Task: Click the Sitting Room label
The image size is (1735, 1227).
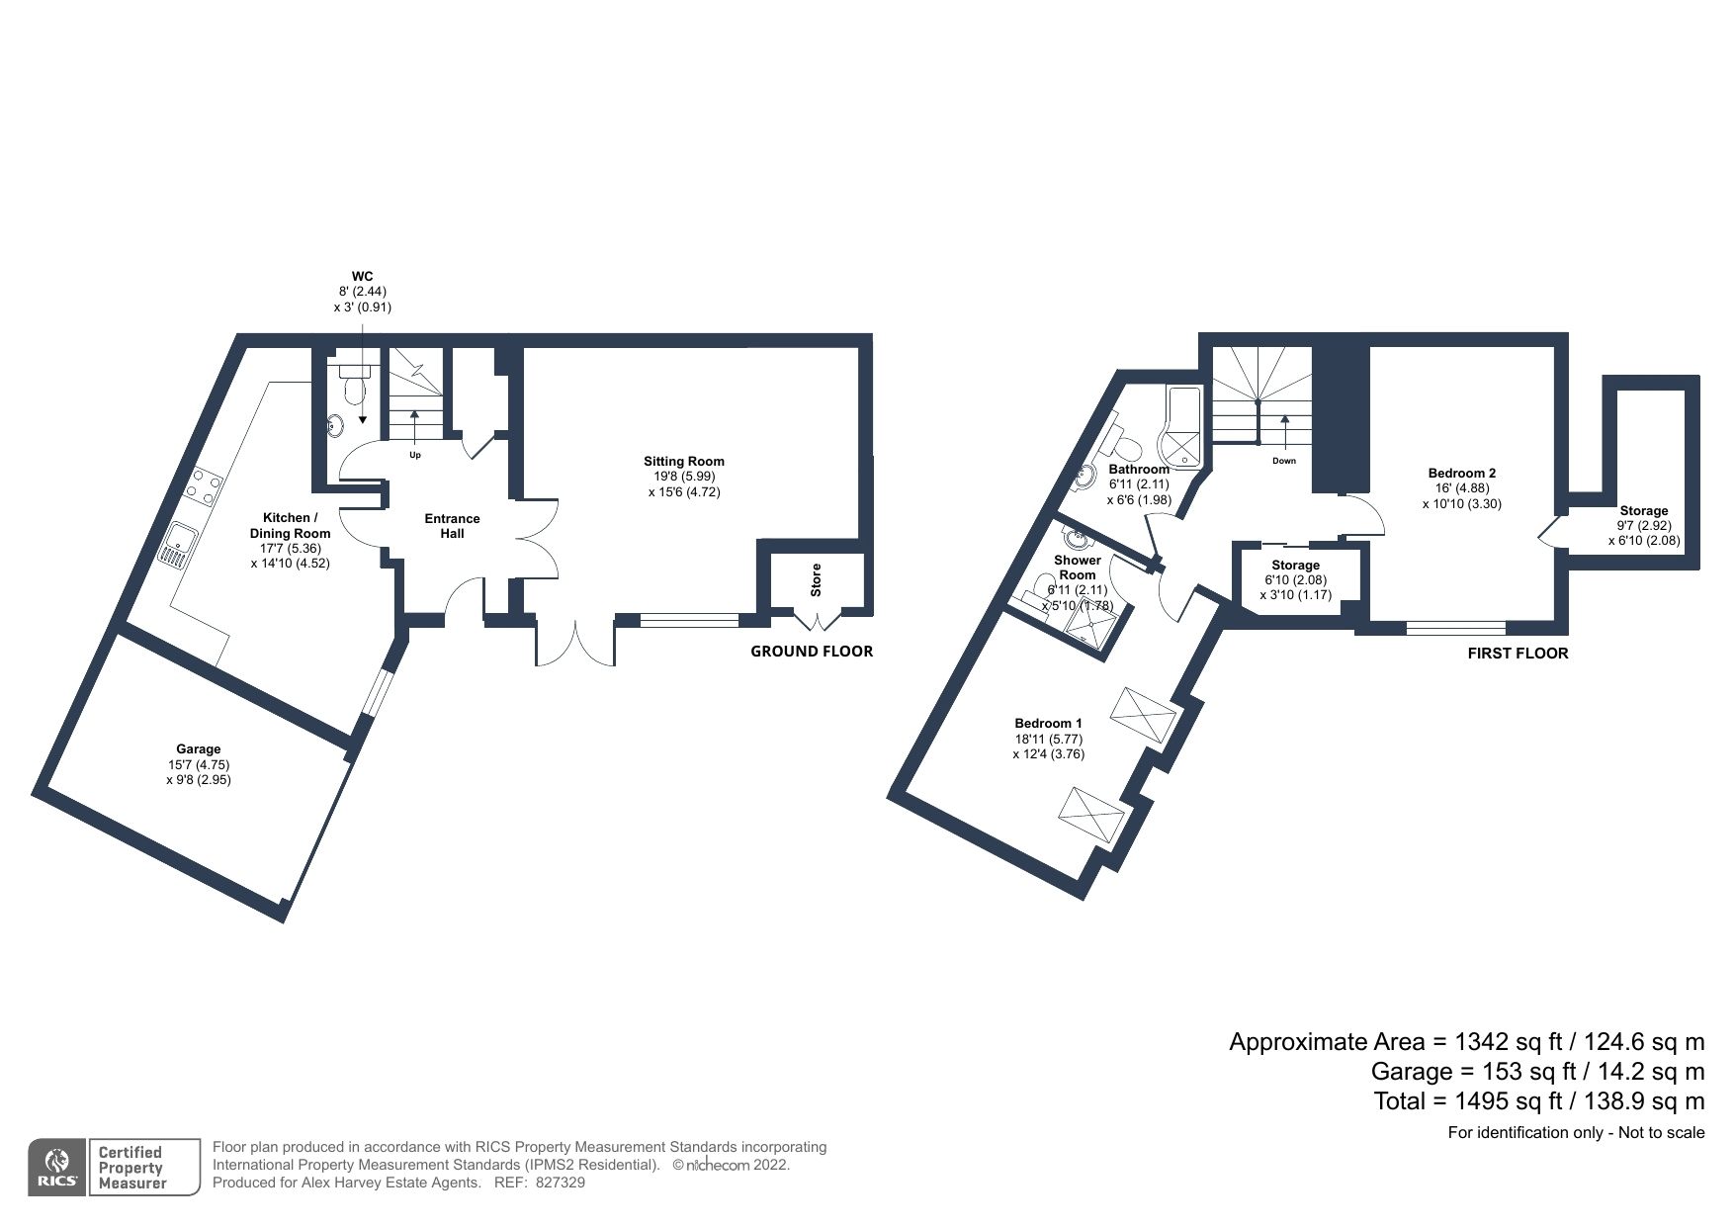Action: [x=683, y=461]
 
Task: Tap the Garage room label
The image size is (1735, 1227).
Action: [x=199, y=748]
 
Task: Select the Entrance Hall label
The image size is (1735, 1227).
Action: [x=452, y=525]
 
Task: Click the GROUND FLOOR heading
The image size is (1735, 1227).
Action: [x=811, y=651]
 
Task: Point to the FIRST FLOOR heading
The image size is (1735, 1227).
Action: [x=1518, y=653]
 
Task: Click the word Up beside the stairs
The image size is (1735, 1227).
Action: [x=415, y=455]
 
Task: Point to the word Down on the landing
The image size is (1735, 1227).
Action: [x=1284, y=461]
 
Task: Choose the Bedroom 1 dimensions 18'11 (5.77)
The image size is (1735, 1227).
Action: [x=1048, y=738]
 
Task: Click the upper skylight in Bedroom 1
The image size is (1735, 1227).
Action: [x=1144, y=709]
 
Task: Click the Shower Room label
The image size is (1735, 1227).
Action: [x=1077, y=568]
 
